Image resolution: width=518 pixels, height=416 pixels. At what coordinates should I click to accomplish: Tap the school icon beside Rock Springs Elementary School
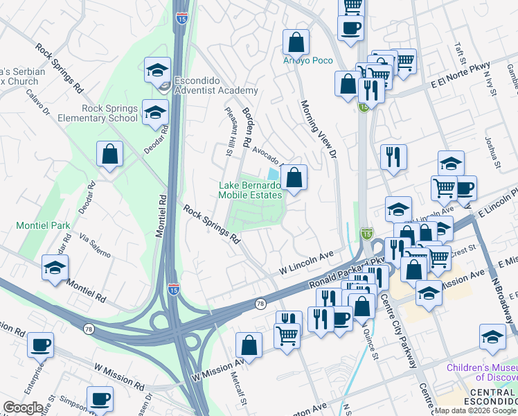tap(155, 112)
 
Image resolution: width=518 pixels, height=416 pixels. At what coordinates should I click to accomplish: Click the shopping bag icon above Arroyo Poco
tap(296, 42)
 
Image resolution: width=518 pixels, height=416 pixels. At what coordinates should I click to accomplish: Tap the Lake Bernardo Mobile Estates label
tap(250, 190)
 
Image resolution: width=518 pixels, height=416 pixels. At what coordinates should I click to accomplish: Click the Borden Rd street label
tap(249, 122)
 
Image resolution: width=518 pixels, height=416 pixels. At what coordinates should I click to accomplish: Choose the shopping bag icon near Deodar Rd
tap(109, 154)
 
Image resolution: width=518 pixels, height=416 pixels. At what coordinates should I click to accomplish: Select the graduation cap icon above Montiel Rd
tap(55, 268)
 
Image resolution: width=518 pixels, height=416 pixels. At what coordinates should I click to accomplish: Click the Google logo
tap(23, 408)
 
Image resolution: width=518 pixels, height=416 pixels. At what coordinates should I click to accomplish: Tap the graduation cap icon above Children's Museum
tap(492, 336)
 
